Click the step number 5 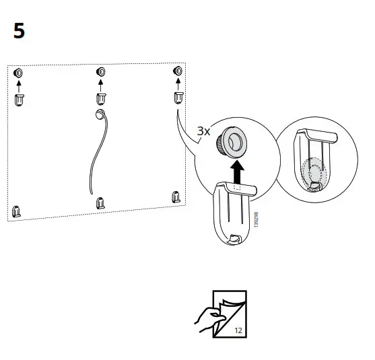click(19, 31)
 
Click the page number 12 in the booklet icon click(239, 330)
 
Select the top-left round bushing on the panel click(19, 73)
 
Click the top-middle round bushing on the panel click(101, 71)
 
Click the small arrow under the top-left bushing click(19, 85)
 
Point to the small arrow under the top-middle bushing click(101, 84)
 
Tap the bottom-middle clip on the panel click(100, 202)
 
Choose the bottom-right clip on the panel click(176, 196)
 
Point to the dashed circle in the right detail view click(311, 171)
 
